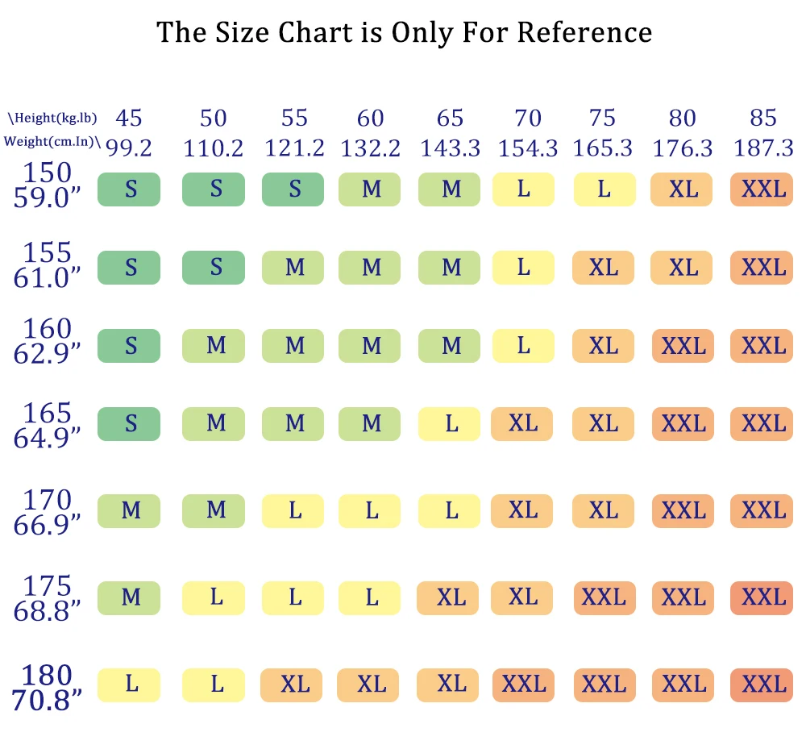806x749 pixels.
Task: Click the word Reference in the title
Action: coord(584,32)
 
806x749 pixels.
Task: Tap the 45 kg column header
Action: coord(129,119)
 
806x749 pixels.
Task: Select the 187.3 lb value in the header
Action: coord(762,148)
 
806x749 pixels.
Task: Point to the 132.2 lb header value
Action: coord(370,148)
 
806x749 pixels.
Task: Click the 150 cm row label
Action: coord(48,173)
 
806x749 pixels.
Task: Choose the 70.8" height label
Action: coord(48,698)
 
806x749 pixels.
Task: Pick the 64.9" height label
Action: coord(48,437)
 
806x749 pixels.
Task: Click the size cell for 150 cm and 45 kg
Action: coord(129,189)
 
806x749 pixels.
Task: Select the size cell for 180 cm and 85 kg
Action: coord(762,685)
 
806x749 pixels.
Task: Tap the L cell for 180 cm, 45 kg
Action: coord(129,685)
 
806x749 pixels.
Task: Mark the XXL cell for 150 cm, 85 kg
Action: coord(762,189)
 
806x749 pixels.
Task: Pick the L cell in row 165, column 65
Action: coord(450,424)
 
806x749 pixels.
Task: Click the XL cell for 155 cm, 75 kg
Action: coord(603,267)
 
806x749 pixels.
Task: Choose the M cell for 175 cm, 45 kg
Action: coord(129,597)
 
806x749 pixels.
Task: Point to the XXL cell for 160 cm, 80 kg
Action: coord(682,346)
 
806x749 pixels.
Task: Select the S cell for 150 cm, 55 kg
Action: coord(293,189)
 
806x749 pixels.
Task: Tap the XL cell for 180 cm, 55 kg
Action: coord(293,685)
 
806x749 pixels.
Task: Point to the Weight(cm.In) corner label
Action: coord(53,143)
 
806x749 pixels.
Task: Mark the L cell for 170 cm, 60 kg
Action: coord(370,511)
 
